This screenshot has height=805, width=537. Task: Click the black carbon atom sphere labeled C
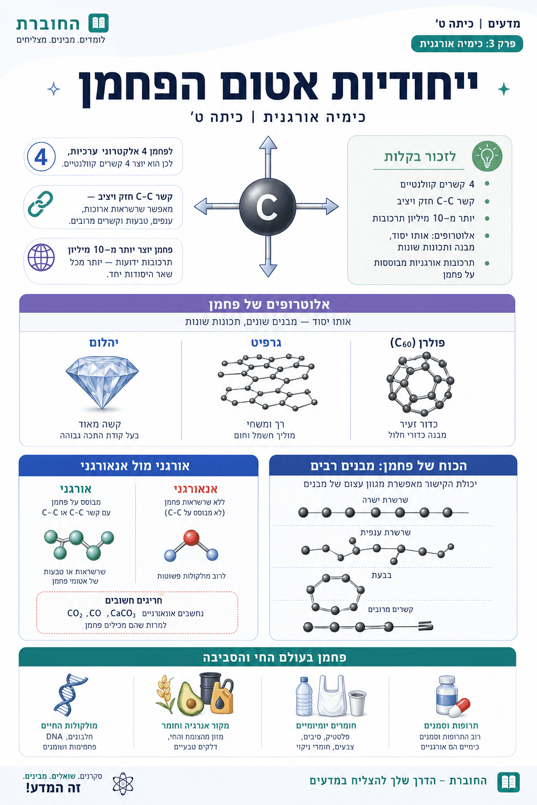point(267,206)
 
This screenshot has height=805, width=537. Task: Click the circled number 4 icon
point(41,157)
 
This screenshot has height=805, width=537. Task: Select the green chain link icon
point(41,204)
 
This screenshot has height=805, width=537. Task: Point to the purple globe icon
point(41,257)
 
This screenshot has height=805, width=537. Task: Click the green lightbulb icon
point(487,156)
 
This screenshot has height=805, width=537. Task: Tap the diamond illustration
point(102,383)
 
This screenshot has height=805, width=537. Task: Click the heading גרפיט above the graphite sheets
point(266,342)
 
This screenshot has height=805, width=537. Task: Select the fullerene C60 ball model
point(420,384)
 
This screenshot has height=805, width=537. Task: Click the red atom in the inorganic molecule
point(191,538)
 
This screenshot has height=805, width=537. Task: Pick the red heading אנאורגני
point(196,489)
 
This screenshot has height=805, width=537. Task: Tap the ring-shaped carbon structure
point(335,594)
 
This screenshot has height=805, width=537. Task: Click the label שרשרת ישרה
point(385,499)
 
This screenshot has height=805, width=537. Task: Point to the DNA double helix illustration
point(70,695)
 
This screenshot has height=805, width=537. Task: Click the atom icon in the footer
point(123,784)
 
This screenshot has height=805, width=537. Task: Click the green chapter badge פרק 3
point(467,44)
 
